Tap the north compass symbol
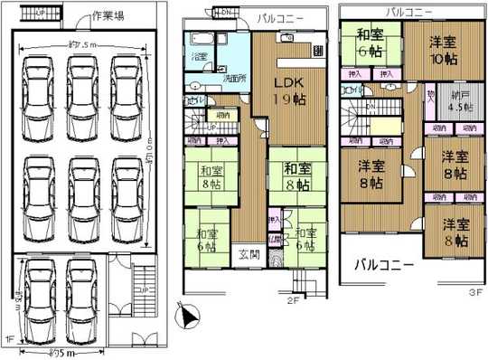(x=188, y=316)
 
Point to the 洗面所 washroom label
(x=237, y=79)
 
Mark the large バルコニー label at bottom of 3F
(x=383, y=264)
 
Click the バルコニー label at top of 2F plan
(x=277, y=17)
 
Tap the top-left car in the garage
(x=36, y=86)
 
